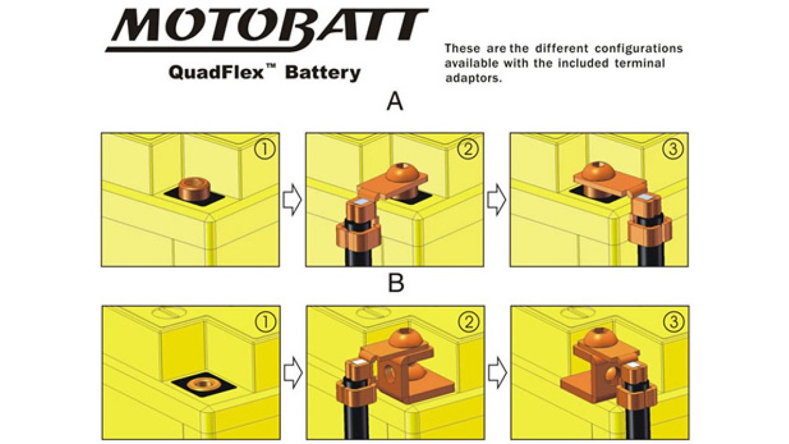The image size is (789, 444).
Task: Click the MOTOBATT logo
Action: (267, 30)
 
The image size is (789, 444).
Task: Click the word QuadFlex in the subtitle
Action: (216, 73)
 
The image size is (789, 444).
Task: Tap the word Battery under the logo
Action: (322, 73)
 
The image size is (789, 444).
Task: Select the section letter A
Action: (395, 102)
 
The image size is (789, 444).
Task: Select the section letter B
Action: (396, 283)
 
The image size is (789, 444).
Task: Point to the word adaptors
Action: (473, 78)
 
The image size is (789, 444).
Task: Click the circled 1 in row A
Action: (264, 149)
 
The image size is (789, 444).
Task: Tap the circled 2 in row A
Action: (468, 149)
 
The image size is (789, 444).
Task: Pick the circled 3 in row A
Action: (672, 149)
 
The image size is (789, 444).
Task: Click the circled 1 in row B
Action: (265, 321)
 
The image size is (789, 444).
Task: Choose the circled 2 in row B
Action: (469, 321)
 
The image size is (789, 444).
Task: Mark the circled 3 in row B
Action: (674, 321)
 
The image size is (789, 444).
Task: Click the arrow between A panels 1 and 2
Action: (292, 199)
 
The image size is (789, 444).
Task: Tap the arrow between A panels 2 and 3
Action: (497, 199)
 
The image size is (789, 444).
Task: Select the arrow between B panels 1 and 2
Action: (293, 372)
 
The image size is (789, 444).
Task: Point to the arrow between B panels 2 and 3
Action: (497, 372)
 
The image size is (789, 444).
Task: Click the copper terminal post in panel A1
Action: (194, 189)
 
